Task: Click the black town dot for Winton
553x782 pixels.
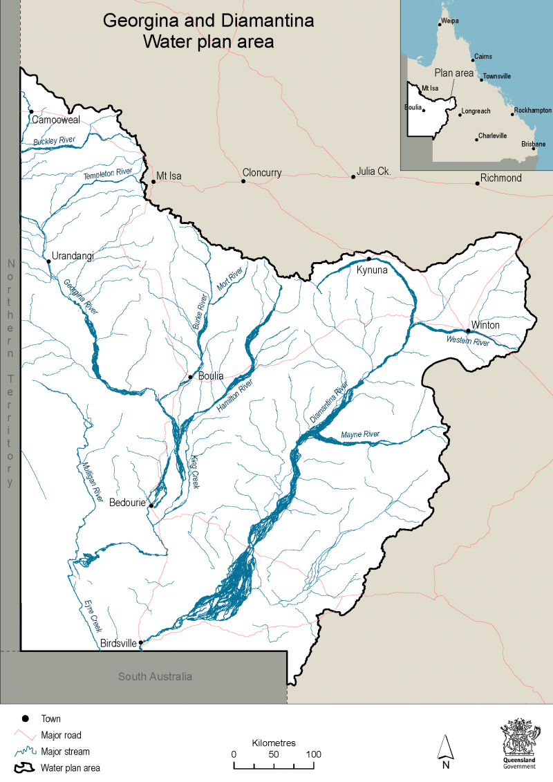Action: (x=468, y=331)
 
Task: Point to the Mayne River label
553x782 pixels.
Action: (x=360, y=434)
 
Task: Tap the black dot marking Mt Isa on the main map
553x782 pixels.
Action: (x=153, y=182)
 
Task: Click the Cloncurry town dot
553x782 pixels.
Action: (x=243, y=181)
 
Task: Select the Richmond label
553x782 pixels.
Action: (x=501, y=178)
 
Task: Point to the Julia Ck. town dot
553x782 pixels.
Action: (x=353, y=177)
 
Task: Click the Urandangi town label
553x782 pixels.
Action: (x=72, y=257)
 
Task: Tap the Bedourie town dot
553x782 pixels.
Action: (x=151, y=505)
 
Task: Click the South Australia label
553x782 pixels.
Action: (x=155, y=676)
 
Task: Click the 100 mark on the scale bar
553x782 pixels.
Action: (x=313, y=754)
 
